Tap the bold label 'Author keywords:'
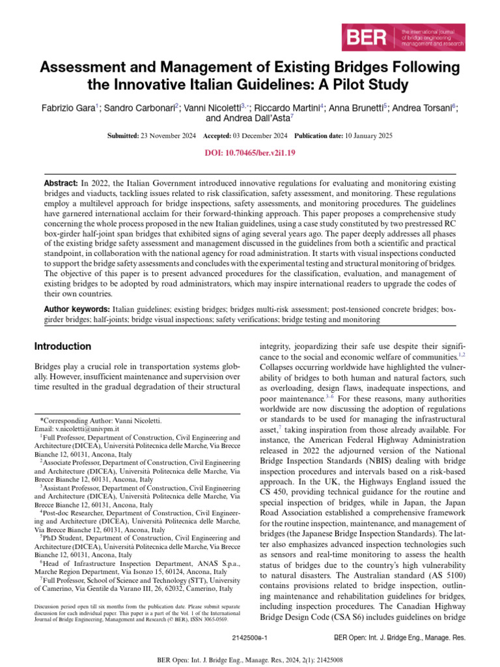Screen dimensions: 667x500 click(77, 309)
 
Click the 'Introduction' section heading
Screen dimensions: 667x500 click(62, 347)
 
